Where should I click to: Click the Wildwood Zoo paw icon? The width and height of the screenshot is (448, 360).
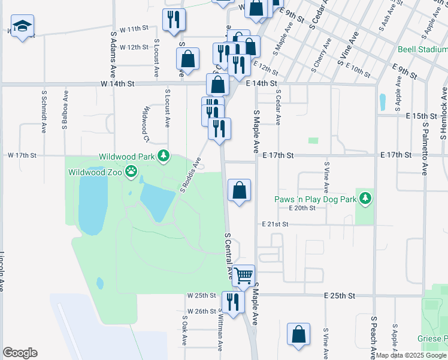pyautogui.click(x=131, y=172)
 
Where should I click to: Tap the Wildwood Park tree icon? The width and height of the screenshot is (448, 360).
pyautogui.click(x=163, y=157)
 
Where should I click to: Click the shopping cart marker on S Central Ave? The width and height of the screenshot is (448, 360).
pyautogui.click(x=244, y=276)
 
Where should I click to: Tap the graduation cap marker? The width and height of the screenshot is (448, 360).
pyautogui.click(x=22, y=26)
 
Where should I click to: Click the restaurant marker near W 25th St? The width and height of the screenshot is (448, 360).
pyautogui.click(x=233, y=301)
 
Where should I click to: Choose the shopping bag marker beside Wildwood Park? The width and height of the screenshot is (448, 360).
pyautogui.click(x=239, y=190)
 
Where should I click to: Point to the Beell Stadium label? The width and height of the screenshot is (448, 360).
pyautogui.click(x=422, y=49)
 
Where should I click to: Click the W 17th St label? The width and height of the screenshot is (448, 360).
pyautogui.click(x=23, y=155)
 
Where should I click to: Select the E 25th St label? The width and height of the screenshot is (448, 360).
pyautogui.click(x=340, y=296)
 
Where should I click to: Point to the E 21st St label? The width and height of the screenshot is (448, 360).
pyautogui.click(x=276, y=224)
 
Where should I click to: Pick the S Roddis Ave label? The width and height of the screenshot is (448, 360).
pyautogui.click(x=190, y=175)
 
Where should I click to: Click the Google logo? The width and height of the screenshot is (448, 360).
pyautogui.click(x=20, y=353)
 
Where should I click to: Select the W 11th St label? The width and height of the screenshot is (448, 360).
pyautogui.click(x=134, y=29)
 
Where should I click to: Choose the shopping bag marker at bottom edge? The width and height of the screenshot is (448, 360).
pyautogui.click(x=298, y=334)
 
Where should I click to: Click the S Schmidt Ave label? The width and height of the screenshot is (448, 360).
pyautogui.click(x=44, y=112)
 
